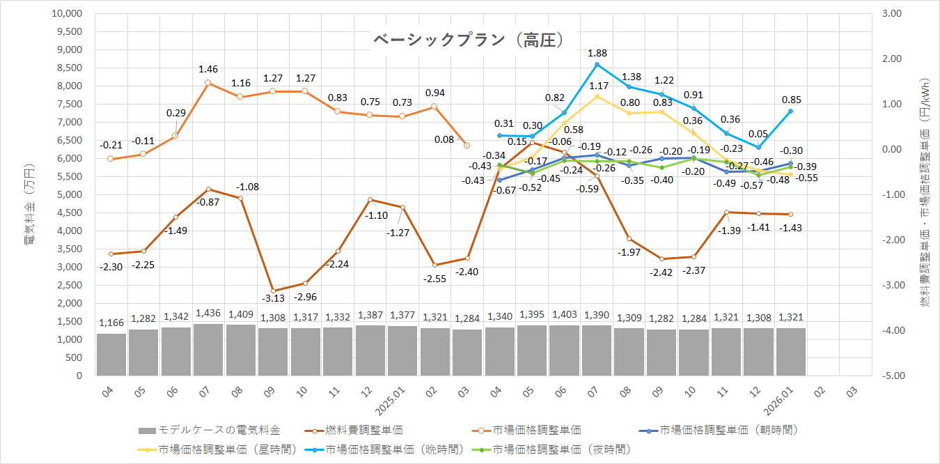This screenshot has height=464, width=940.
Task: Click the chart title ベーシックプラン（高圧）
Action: (467, 40)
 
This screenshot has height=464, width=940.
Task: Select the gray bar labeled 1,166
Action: (111, 354)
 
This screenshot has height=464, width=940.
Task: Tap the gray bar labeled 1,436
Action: (208, 349)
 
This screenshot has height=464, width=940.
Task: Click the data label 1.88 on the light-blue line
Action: (597, 52)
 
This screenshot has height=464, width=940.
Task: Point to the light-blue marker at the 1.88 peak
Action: (597, 65)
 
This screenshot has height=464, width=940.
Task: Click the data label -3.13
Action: (272, 299)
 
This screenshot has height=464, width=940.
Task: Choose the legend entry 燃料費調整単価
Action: (368, 430)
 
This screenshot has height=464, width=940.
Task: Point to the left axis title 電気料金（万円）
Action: (31, 205)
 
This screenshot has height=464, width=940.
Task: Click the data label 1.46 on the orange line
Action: (208, 69)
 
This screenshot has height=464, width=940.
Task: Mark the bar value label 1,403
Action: (564, 315)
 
